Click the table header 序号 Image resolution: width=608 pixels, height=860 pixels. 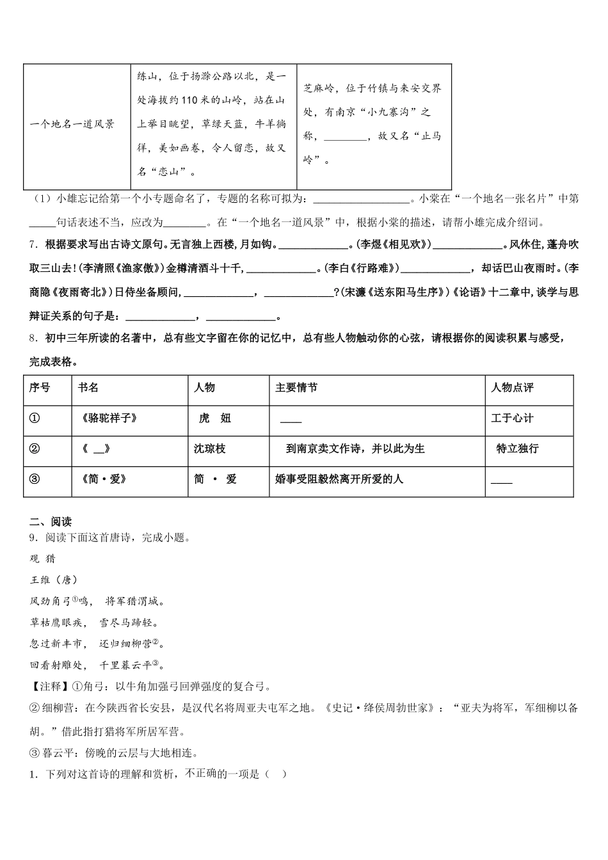click(x=40, y=388)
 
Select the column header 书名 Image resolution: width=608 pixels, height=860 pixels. click(x=88, y=388)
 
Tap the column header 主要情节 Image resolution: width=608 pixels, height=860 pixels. click(x=296, y=388)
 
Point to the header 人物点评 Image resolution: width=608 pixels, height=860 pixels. click(x=512, y=388)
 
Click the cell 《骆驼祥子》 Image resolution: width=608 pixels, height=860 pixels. click(x=109, y=418)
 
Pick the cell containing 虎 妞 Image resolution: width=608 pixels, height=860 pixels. click(x=215, y=418)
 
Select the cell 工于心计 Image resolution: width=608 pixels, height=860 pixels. click(x=512, y=418)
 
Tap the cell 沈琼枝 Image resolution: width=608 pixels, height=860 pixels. click(x=210, y=449)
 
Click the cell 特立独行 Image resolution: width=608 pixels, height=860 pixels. click(x=517, y=449)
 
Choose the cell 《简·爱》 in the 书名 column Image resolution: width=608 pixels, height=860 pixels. click(x=104, y=479)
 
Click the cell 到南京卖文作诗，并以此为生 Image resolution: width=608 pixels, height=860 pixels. click(x=355, y=449)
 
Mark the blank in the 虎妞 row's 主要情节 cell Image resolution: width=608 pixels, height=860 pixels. click(x=291, y=420)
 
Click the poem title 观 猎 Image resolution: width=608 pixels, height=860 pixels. click(x=43, y=559)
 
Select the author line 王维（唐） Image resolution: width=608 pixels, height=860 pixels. click(x=54, y=580)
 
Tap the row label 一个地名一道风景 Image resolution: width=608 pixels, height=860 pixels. click(x=72, y=124)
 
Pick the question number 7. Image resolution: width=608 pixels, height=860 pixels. click(x=33, y=244)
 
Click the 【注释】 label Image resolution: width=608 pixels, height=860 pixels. click(x=45, y=687)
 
